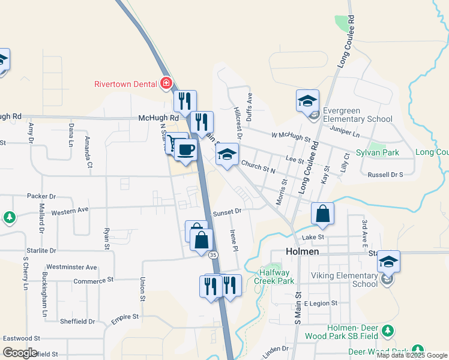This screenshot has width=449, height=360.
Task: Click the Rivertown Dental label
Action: point(125,84)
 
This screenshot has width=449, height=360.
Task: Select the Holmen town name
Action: point(303,252)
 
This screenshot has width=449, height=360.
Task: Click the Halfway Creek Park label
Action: point(274,277)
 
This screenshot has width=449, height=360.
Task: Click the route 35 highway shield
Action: point(213,255)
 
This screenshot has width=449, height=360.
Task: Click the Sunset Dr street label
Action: point(227,211)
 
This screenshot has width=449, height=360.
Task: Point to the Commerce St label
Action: point(93,280)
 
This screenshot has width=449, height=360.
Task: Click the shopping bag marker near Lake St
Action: point(322,214)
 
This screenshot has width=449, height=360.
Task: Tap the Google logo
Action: point(20,352)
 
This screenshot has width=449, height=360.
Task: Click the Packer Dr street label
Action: point(41,196)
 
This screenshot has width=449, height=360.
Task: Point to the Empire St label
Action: point(124,316)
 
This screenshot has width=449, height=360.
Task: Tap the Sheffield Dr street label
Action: point(77,322)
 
